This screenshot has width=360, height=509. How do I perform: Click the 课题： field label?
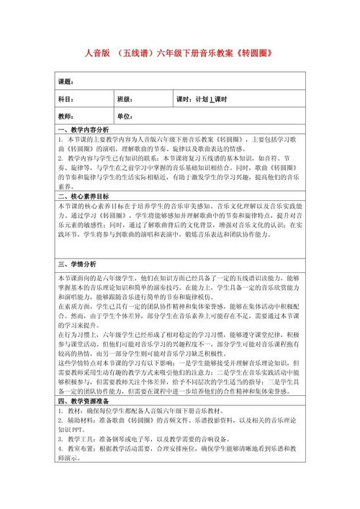tap(66, 81)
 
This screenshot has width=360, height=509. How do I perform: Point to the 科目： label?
tap(66, 99)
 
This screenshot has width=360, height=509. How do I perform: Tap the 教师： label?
tap(66, 116)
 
